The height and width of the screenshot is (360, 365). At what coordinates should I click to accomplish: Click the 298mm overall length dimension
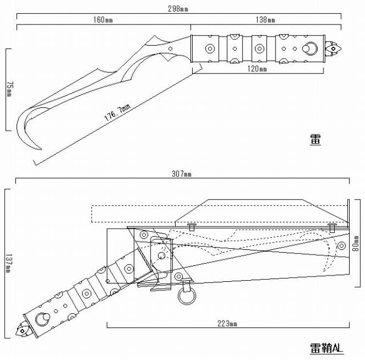178,9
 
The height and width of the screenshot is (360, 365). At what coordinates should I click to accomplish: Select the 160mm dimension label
103,20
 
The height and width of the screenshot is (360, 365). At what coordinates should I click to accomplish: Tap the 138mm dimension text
265,20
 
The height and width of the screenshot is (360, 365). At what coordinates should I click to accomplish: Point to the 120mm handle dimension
257,68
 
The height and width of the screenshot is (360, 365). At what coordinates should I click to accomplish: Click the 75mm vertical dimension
10,89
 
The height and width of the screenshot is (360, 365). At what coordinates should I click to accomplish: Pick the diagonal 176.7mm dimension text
117,112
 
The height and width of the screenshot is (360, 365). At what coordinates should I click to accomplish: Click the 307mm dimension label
181,174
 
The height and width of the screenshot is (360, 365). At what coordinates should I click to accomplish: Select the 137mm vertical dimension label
9,264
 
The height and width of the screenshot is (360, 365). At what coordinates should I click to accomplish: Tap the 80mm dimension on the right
355,244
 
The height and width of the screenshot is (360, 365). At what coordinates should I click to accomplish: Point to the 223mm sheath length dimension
227,323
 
